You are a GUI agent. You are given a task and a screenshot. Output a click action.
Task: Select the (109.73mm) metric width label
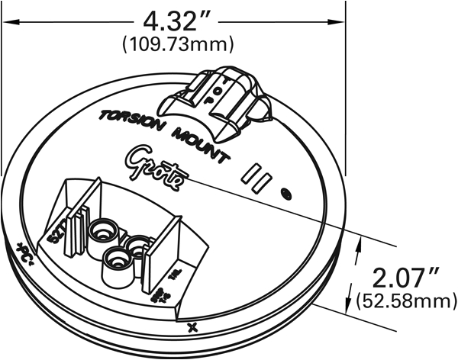tap(179, 44)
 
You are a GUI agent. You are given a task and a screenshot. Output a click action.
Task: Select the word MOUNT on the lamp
tap(198, 147)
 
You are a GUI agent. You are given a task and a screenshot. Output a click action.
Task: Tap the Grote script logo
tap(156, 167)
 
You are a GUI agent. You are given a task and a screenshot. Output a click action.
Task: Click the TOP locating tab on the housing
tap(221, 102)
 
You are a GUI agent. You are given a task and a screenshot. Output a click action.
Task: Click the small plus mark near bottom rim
tap(192, 328)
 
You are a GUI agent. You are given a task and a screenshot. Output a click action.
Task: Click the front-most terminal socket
tap(116, 259)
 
